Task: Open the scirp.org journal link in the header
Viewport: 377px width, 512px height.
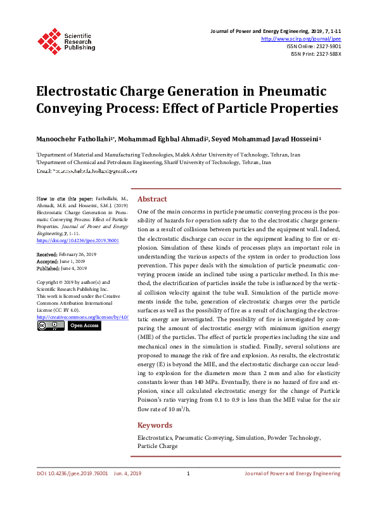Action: [x=302, y=39]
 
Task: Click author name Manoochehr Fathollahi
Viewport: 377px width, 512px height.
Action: [x=74, y=139]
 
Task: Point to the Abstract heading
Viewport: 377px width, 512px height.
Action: [x=152, y=198]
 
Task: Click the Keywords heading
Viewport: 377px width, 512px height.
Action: [x=155, y=425]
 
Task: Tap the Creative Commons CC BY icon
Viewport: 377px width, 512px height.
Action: [x=50, y=325]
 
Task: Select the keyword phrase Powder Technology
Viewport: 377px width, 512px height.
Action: [x=295, y=437]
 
